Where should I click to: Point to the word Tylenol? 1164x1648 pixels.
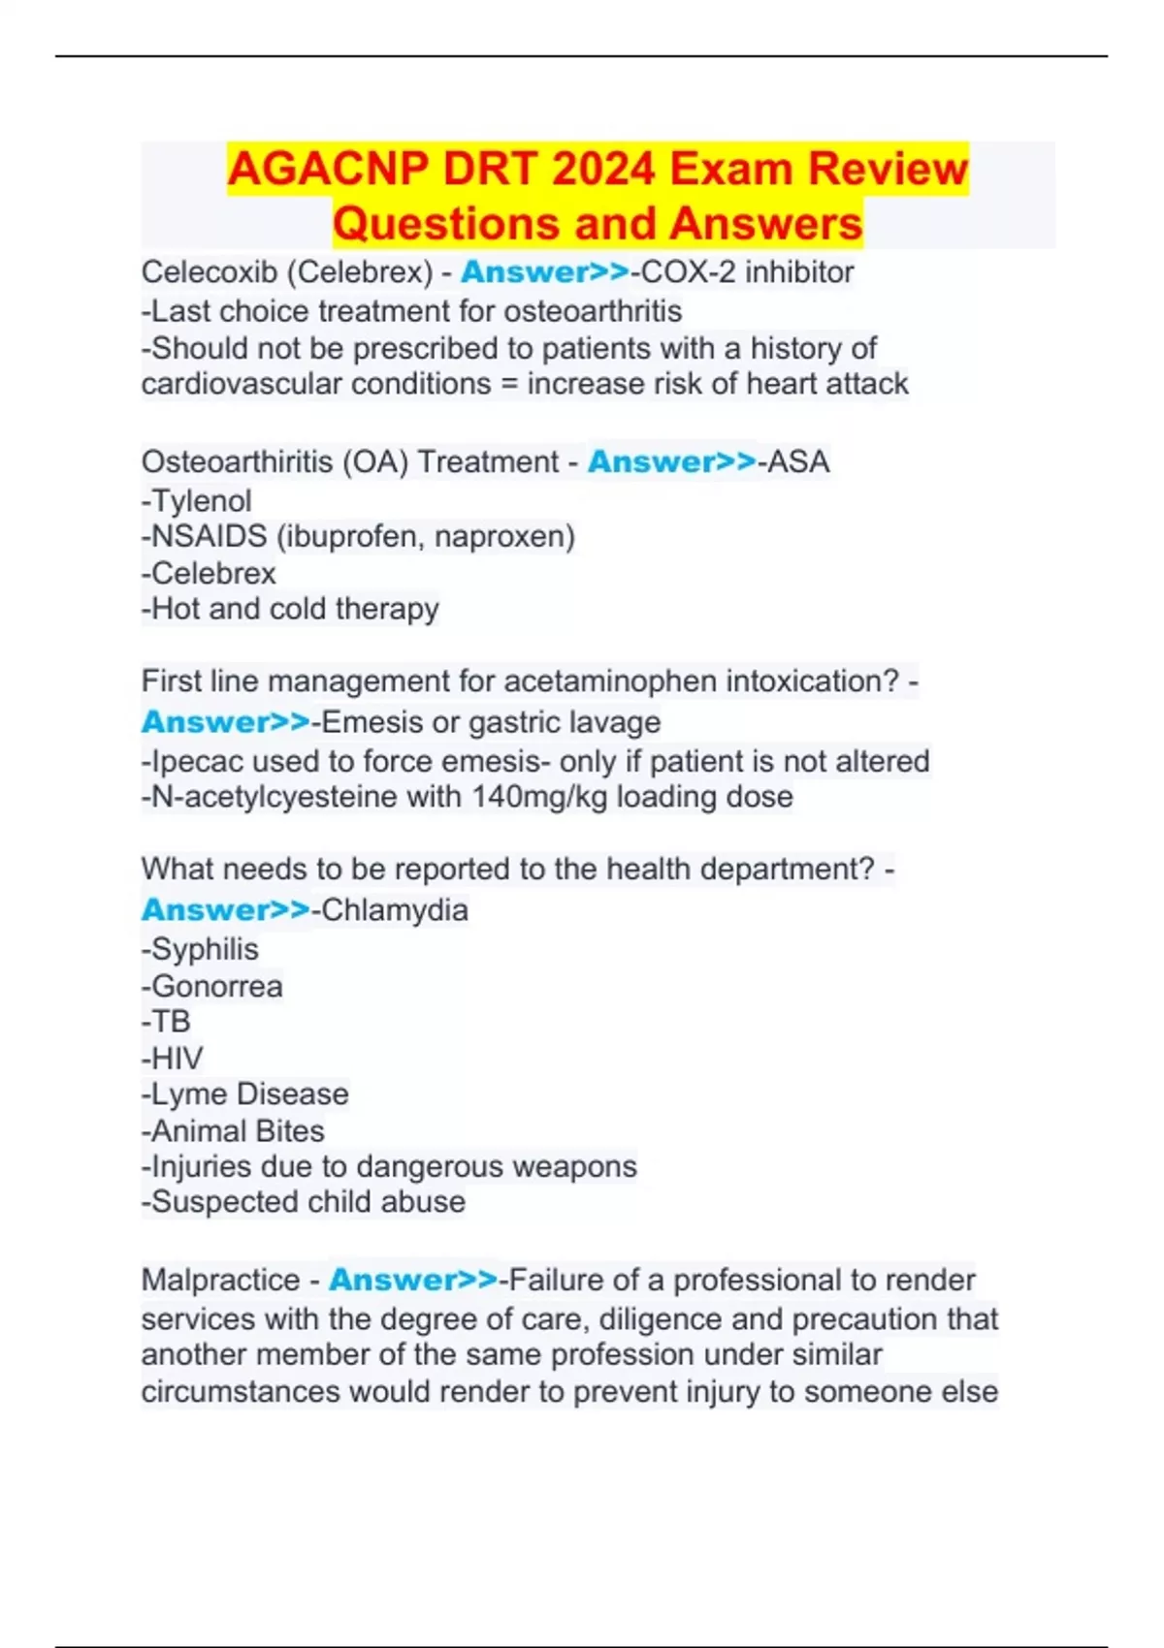tap(202, 501)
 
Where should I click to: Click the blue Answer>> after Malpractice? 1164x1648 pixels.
tap(413, 1280)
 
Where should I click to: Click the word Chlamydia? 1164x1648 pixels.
tap(395, 910)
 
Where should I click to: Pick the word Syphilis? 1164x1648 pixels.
tap(206, 949)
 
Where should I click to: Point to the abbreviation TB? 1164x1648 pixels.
tap(172, 1022)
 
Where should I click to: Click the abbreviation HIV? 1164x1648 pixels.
tap(178, 1058)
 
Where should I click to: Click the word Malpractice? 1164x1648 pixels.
tap(220, 1280)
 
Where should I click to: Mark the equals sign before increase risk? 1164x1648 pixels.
tap(509, 384)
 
